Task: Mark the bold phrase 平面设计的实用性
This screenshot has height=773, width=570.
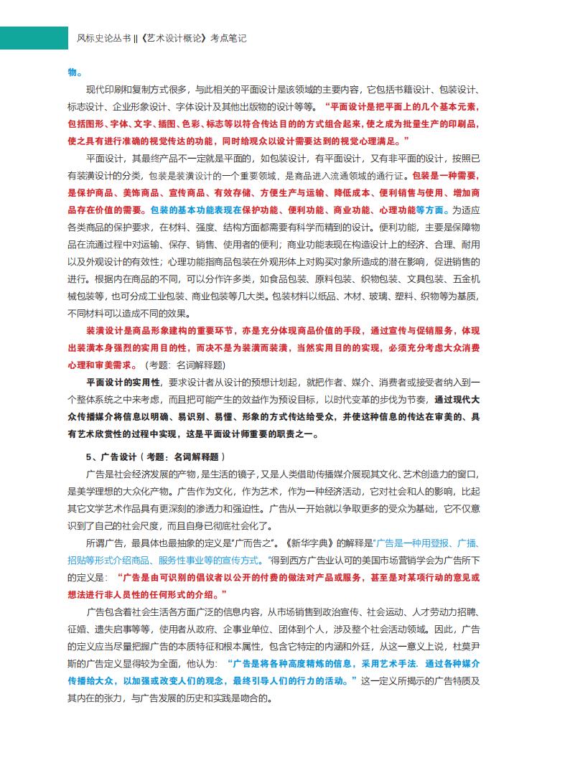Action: point(123,382)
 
